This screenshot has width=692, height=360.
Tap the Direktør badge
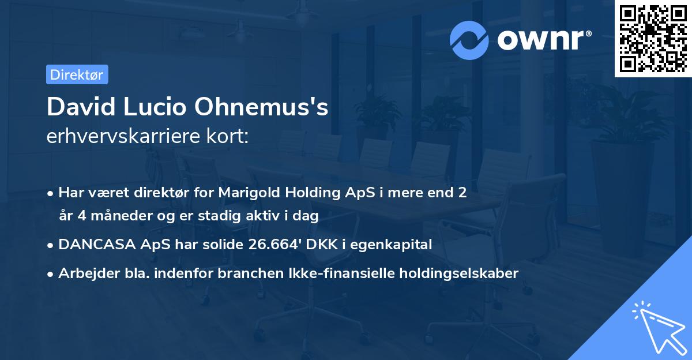(77, 74)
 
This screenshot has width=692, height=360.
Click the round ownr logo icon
(469, 40)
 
